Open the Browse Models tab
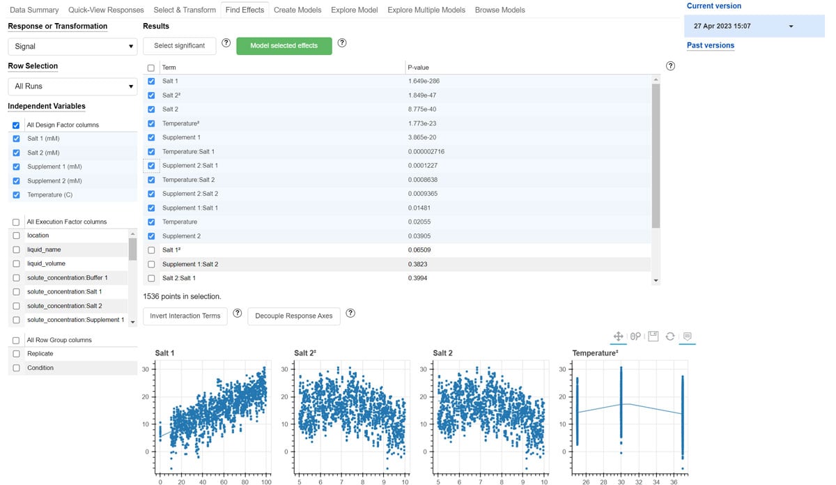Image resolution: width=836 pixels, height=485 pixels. pos(500,10)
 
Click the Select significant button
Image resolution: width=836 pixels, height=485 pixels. pos(179,45)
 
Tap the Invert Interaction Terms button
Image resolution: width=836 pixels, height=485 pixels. pos(185,316)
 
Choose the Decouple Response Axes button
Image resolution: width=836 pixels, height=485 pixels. pos(293,316)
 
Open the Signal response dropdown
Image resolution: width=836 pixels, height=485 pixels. pos(73,47)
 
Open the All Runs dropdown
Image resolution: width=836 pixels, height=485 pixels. pos(73,86)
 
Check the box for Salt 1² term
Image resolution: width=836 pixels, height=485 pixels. pos(151,250)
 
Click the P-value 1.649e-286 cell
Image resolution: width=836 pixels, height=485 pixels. pos(424,81)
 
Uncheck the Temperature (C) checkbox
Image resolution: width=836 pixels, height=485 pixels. pos(16,195)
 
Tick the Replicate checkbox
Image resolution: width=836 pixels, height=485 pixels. pos(16,354)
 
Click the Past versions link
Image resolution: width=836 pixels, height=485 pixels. pos(710,45)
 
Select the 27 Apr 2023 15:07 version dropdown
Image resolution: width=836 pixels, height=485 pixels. pos(743,26)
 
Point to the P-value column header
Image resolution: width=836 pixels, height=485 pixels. pos(418,68)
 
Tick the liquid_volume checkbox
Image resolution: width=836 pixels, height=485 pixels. pos(16,264)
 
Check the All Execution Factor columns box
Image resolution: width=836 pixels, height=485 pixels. pos(16,222)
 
